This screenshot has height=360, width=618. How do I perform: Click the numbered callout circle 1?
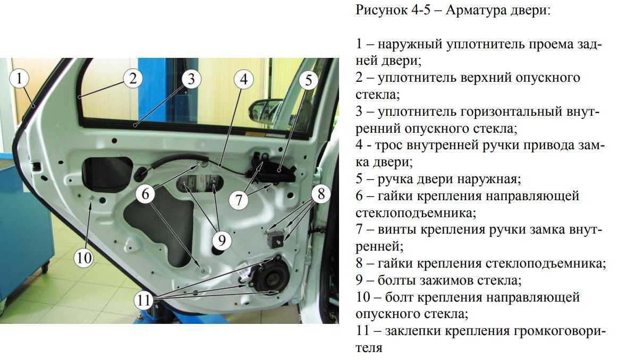(19, 78)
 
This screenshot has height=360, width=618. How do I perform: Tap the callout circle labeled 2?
(132, 78)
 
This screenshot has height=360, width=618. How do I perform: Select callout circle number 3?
(191, 79)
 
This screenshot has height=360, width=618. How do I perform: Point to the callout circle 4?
(243, 79)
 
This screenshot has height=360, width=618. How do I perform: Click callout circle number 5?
(308, 80)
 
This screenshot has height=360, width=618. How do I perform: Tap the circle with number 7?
(239, 199)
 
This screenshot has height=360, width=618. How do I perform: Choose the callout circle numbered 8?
(321, 193)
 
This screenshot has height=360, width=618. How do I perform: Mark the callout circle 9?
(222, 240)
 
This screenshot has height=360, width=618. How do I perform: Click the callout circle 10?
(83, 258)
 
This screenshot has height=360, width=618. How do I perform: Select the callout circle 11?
(143, 300)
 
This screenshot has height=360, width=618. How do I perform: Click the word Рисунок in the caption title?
(380, 10)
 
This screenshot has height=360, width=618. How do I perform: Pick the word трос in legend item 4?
(388, 145)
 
